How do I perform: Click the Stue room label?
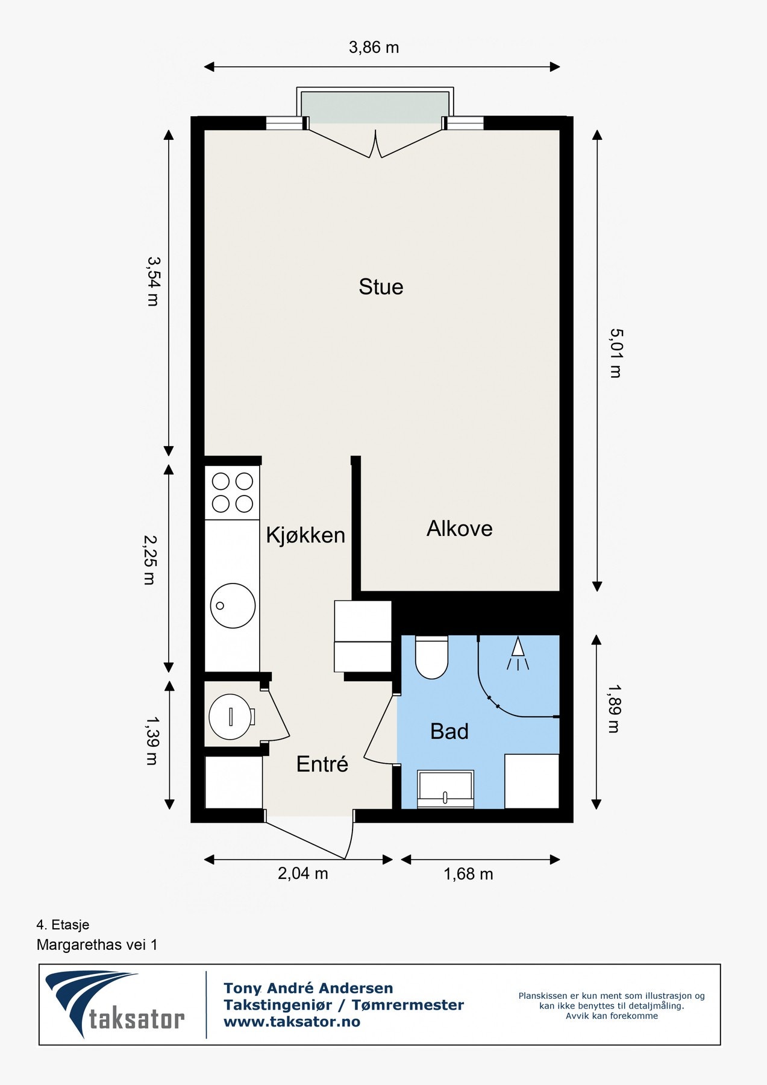click(381, 286)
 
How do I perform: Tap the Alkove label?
click(460, 529)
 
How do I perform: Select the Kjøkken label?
click(305, 535)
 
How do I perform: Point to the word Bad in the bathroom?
click(449, 731)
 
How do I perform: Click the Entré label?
click(322, 764)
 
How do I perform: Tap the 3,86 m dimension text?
click(374, 47)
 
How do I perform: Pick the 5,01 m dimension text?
click(615, 353)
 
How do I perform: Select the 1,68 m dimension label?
click(468, 874)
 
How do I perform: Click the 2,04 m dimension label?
click(302, 873)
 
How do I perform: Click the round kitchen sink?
click(233, 606)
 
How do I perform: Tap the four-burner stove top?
click(232, 492)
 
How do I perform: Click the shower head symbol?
click(518, 653)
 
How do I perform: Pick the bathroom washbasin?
click(446, 789)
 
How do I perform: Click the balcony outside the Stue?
click(375, 107)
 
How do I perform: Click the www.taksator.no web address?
click(292, 1022)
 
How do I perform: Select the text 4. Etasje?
click(63, 925)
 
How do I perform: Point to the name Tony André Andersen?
click(308, 988)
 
